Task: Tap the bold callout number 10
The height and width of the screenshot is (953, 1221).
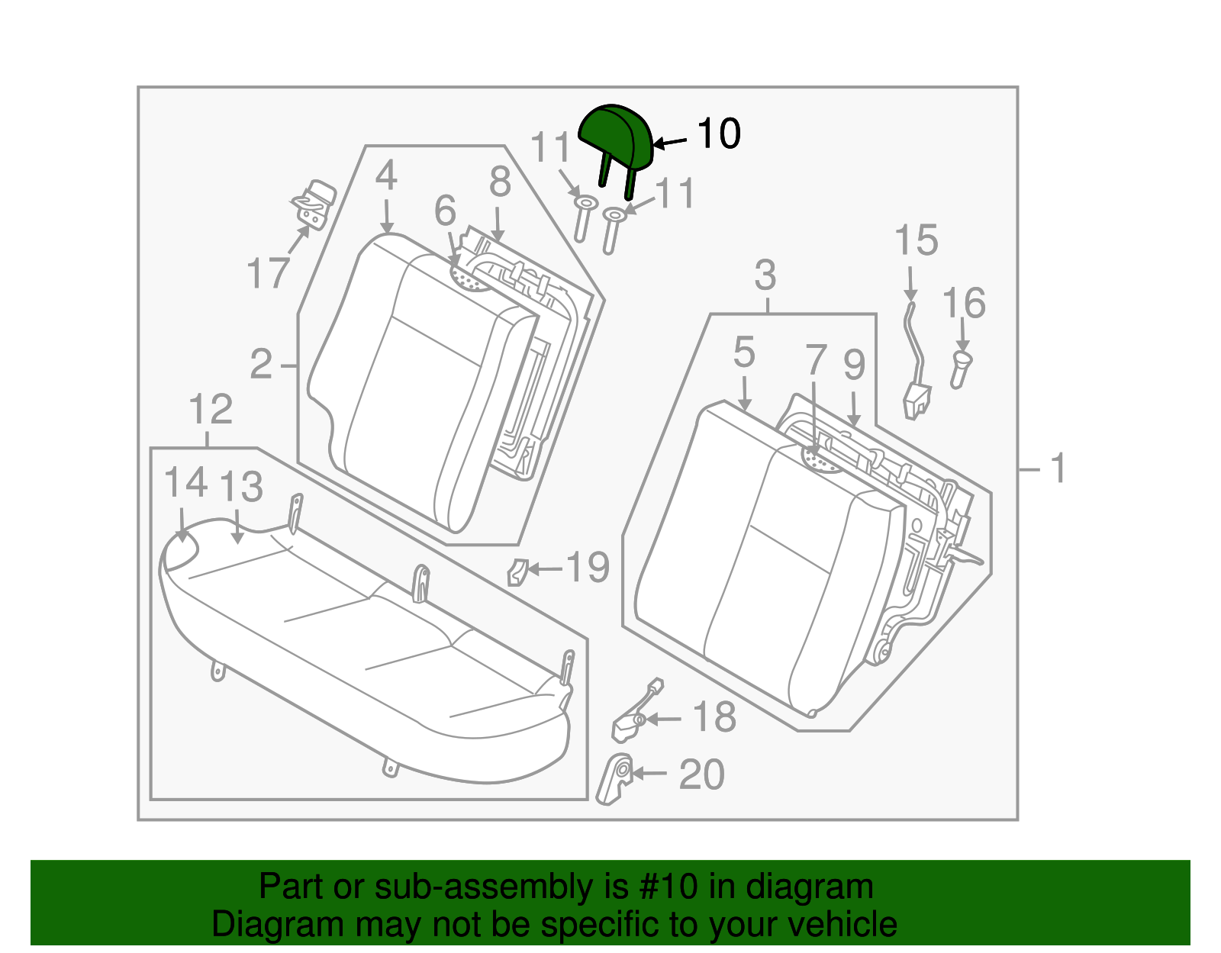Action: tap(719, 134)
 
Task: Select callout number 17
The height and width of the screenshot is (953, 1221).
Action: tap(268, 273)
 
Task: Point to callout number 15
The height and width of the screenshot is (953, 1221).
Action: tap(916, 240)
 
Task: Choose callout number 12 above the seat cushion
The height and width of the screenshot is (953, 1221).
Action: tap(211, 409)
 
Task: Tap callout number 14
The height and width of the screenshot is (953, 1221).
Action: tap(185, 483)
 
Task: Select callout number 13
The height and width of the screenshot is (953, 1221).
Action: tap(240, 486)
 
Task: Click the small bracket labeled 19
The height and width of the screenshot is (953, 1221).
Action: tap(517, 571)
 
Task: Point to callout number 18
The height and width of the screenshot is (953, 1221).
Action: tap(714, 717)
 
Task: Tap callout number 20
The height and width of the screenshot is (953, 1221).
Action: tap(702, 774)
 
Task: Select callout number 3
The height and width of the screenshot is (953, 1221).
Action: tap(765, 275)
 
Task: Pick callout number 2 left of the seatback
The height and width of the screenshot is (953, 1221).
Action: tap(261, 365)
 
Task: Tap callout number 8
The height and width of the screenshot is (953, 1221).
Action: tap(500, 182)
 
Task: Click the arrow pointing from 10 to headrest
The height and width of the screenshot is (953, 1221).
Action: tap(669, 143)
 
